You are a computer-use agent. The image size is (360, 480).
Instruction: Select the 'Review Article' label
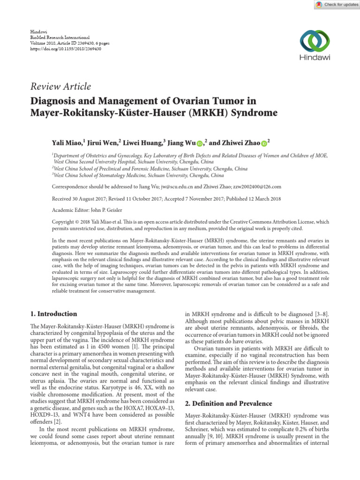60,86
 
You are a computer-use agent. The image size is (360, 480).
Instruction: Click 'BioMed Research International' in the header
60,37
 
